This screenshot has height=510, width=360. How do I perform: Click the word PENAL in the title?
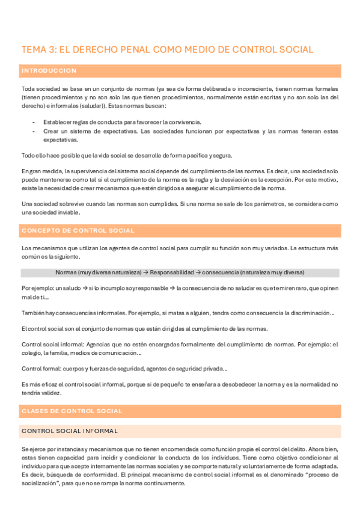tap(140, 50)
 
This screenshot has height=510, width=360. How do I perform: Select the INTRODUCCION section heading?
tap(49, 71)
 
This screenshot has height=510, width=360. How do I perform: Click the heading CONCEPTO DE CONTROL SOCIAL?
tap(78, 231)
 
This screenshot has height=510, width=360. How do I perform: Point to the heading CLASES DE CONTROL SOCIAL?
tap(72, 411)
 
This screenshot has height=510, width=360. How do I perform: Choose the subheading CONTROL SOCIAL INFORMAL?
tap(70, 431)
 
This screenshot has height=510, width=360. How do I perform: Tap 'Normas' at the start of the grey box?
tap(66, 272)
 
